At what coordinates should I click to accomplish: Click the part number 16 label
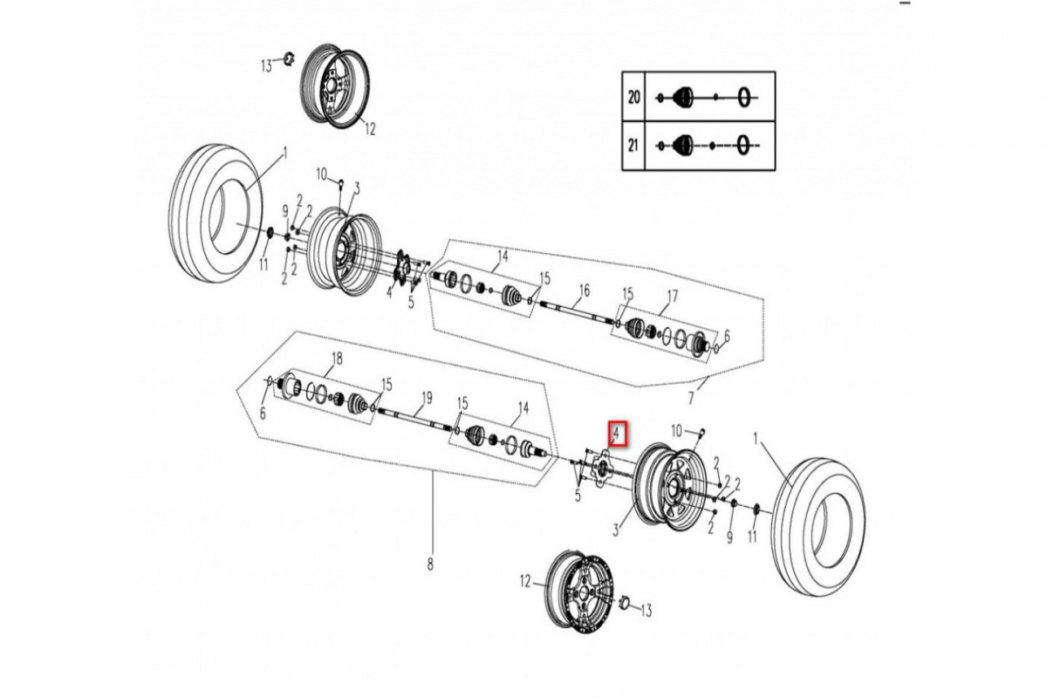[x=584, y=290]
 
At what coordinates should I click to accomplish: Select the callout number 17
[x=672, y=296]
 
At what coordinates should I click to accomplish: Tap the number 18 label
[x=339, y=359]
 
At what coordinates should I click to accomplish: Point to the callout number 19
[x=426, y=397]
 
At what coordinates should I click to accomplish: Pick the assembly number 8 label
[x=430, y=565]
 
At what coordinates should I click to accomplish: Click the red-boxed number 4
[x=616, y=432]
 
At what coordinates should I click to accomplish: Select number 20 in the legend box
[x=634, y=96]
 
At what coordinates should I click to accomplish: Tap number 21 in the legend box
[x=634, y=144]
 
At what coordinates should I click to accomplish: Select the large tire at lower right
[x=818, y=525]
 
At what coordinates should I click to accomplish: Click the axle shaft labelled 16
[x=576, y=313]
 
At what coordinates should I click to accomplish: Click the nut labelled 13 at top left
[x=284, y=60]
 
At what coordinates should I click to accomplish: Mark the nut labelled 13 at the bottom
[x=624, y=603]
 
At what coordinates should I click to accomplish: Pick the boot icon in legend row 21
[x=683, y=144]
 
